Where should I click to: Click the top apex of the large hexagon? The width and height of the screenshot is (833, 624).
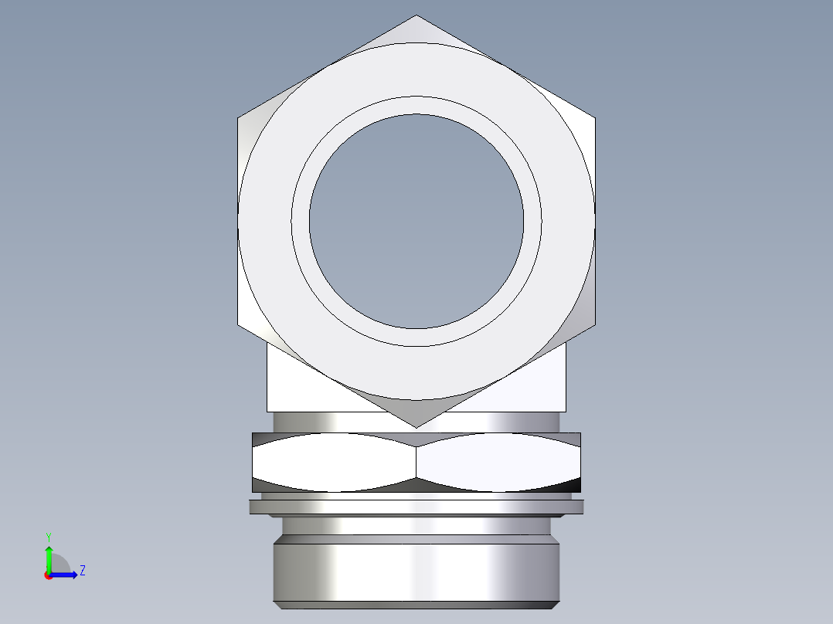click(416, 16)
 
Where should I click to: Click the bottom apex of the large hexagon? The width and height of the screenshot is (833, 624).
click(416, 427)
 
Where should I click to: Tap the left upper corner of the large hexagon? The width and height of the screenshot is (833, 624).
click(238, 119)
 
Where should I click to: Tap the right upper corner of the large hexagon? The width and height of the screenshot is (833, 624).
click(594, 119)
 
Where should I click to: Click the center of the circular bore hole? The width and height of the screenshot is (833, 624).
click(416, 221)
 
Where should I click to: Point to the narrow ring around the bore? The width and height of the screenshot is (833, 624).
click(301, 221)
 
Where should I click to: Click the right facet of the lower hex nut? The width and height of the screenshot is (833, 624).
click(498, 463)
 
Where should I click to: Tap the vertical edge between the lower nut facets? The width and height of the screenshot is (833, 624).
click(416, 463)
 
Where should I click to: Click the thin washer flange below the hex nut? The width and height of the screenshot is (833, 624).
click(416, 507)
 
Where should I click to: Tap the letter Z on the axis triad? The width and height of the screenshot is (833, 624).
click(82, 571)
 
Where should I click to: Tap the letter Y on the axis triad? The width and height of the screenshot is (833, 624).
click(48, 536)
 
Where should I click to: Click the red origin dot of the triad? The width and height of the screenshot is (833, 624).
click(48, 575)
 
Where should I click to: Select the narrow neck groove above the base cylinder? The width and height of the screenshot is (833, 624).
click(416, 527)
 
